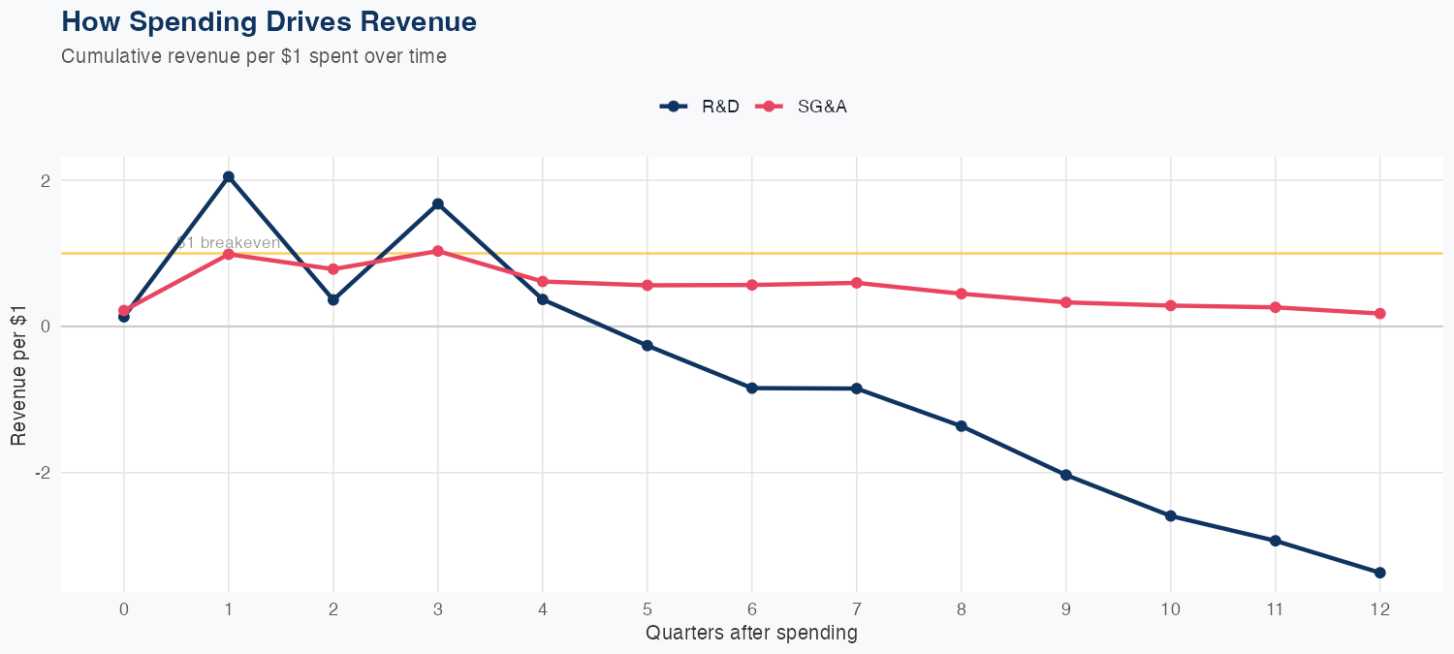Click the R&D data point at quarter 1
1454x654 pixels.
click(229, 176)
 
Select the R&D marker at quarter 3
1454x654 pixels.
click(438, 203)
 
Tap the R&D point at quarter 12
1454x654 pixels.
click(1380, 573)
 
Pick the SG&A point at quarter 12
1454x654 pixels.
click(1380, 314)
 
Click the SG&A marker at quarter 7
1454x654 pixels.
click(857, 283)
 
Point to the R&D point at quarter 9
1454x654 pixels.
click(1066, 475)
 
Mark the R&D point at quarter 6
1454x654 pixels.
click(752, 388)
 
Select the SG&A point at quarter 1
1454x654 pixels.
click(229, 254)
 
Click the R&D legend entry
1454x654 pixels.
click(700, 107)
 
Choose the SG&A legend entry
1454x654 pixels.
click(804, 107)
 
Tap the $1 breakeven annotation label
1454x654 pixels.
click(229, 242)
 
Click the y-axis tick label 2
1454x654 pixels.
click(45, 180)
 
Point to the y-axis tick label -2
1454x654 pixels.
click(42, 473)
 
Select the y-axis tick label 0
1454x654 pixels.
click(45, 327)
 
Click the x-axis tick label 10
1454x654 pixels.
click(1171, 609)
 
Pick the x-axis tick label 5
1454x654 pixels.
click(648, 609)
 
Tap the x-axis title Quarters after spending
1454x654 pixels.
click(751, 634)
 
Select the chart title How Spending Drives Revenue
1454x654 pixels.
click(269, 21)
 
